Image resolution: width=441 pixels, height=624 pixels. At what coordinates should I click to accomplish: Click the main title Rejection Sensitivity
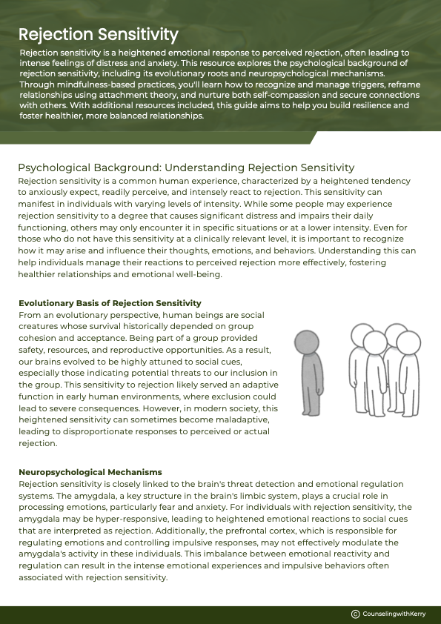98,34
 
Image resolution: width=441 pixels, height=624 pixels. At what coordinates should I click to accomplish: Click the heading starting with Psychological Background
186,167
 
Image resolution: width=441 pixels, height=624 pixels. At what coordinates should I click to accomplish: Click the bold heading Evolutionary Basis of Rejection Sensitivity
110,303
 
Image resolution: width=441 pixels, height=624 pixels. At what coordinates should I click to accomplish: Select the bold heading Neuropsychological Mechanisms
90,472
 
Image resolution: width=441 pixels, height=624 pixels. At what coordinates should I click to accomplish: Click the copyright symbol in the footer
355,614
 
